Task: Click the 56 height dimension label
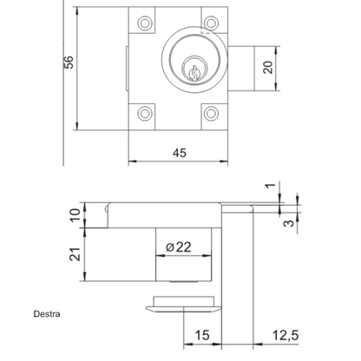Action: coord(69,62)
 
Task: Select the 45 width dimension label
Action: coord(180,153)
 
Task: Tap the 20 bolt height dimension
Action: coord(268,68)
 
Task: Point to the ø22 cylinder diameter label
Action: coord(179,247)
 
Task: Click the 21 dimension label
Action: coord(75,254)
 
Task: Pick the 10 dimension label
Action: coord(75,215)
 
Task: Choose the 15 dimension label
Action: coord(202,335)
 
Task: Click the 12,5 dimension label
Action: coord(286,336)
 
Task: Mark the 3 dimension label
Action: coord(288,223)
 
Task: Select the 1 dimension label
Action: coord(271,185)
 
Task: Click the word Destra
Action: coord(47,314)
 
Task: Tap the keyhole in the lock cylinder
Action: coord(194,73)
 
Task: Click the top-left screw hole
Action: coord(145,23)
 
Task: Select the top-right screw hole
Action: coord(211,23)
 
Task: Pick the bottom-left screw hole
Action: coord(145,114)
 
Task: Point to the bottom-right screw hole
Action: coord(211,114)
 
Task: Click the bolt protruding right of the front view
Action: coord(241,69)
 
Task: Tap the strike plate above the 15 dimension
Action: coord(184,305)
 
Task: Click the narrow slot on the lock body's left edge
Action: coord(127,69)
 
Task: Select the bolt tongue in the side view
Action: coord(237,209)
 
